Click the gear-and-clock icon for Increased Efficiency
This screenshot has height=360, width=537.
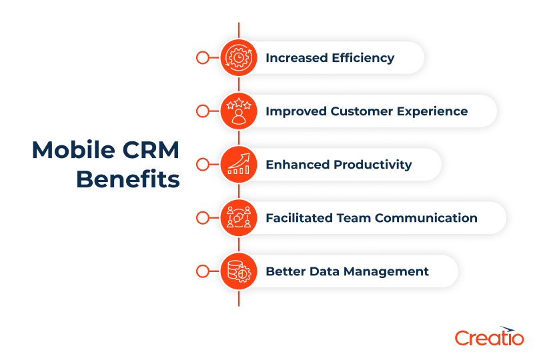pos(238,58)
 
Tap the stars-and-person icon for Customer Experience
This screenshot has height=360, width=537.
pos(238,111)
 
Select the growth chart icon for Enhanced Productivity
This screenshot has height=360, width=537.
pos(238,165)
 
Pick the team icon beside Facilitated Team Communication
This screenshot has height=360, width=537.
pos(238,218)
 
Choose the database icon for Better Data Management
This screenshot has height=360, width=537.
pos(238,271)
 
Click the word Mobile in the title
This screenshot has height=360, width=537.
pos(71,150)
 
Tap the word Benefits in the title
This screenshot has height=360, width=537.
pos(127,179)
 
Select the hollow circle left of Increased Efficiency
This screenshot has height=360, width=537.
pos(202,58)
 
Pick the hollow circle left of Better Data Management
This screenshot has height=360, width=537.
pos(202,271)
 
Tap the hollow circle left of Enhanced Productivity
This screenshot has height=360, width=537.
pos(202,165)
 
